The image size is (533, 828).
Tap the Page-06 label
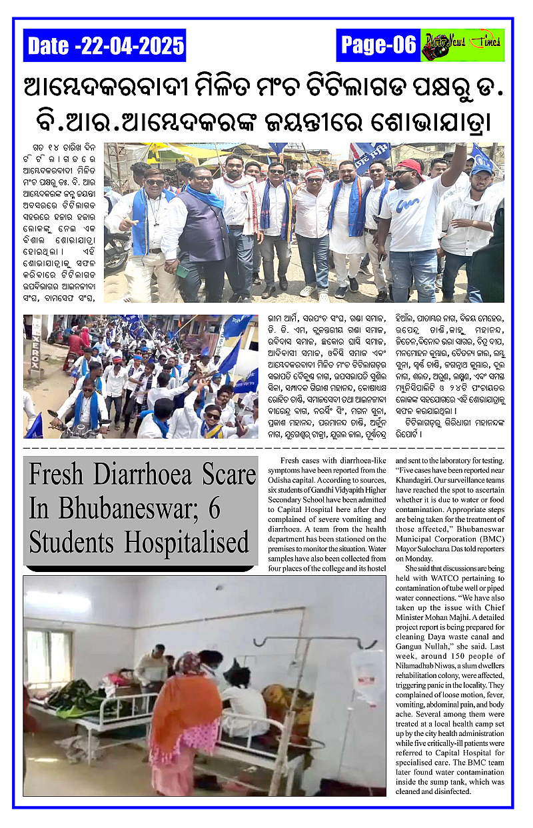(x=378, y=45)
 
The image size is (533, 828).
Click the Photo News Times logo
(x=462, y=45)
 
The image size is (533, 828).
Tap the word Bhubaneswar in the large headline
(x=123, y=508)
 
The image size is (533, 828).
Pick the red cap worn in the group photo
(x=408, y=166)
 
